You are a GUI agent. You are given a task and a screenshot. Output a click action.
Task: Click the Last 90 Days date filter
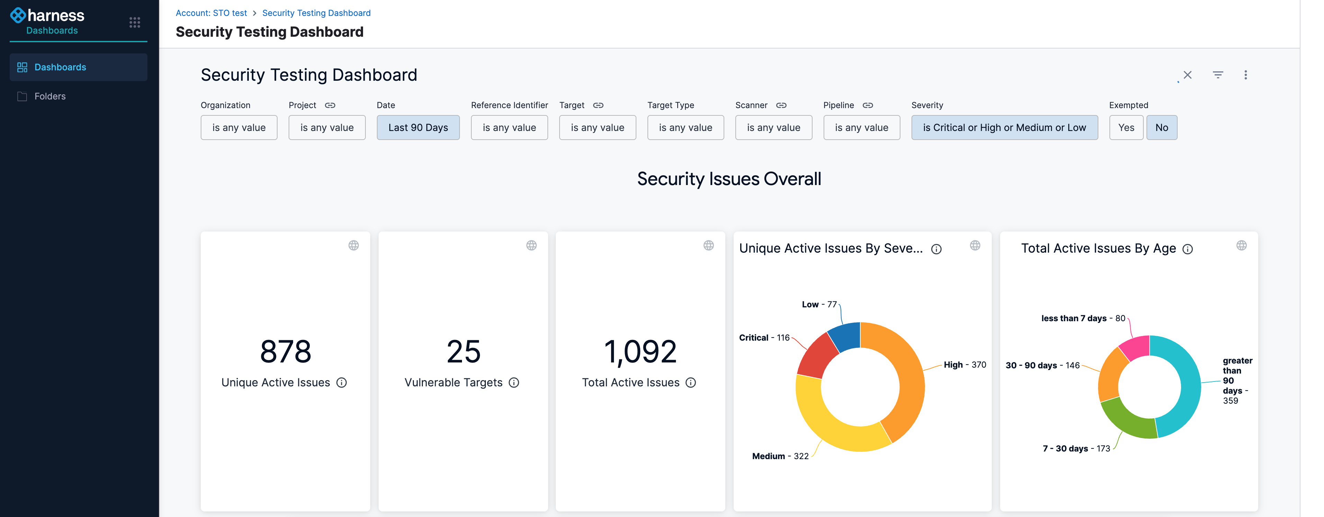tap(418, 128)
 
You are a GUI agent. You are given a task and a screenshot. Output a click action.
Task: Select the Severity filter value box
tap(1004, 128)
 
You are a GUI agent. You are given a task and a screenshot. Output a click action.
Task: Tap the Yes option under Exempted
tap(1126, 128)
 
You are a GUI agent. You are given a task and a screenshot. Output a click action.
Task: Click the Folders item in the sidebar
tap(50, 96)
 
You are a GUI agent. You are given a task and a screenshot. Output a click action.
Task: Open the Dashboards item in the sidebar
tap(60, 67)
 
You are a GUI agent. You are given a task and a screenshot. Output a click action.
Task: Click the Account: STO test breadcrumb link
tap(211, 13)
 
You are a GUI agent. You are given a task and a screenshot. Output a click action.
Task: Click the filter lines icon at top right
tap(1218, 75)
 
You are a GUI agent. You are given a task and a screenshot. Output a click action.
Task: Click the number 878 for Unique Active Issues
tap(285, 352)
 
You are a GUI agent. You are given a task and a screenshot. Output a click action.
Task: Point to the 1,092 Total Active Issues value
tap(640, 352)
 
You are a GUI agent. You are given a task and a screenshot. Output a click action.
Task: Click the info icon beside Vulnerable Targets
tap(514, 383)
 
